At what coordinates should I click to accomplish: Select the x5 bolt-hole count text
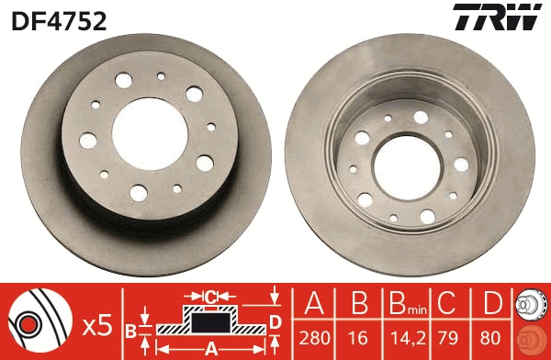pos(96,324)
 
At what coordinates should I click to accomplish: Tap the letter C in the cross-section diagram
pos(210,297)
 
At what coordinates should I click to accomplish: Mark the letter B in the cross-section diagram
pos(130,328)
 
